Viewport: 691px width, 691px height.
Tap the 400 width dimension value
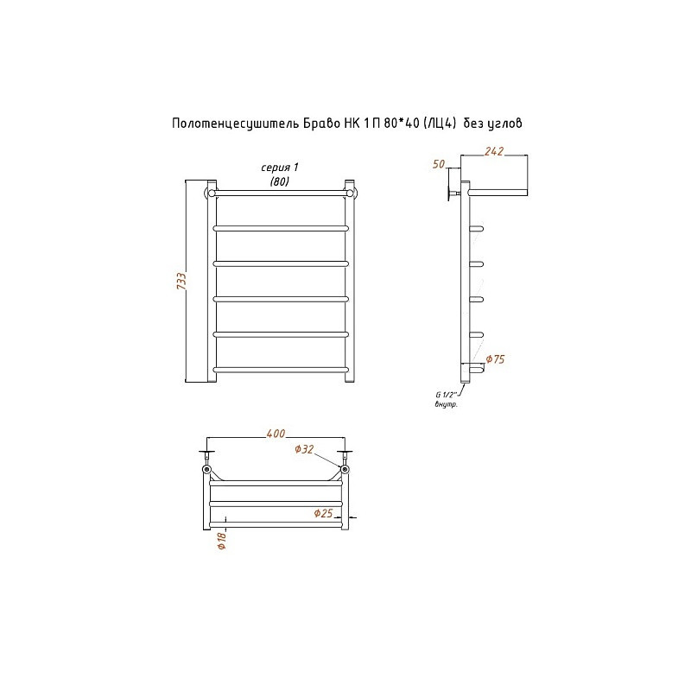coord(276,434)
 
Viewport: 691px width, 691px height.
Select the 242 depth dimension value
coord(494,151)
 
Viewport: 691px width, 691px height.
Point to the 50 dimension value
coord(439,164)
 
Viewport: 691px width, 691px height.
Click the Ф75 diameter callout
coord(495,359)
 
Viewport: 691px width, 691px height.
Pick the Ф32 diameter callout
coord(304,449)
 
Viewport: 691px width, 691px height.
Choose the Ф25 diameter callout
coord(323,513)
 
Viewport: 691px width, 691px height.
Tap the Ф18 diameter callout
coord(222,541)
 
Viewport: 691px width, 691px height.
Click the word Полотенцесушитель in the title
coord(235,123)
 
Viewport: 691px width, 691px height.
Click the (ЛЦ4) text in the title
coord(439,124)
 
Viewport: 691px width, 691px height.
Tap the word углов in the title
coord(505,124)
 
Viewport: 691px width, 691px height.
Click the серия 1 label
coord(280,168)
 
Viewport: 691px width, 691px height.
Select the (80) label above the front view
coord(279,181)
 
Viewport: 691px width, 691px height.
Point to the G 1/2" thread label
coord(447,396)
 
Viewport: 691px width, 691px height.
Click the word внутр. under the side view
coord(446,404)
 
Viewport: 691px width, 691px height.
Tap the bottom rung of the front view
coord(281,370)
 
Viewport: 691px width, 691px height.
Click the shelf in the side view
coord(498,193)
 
